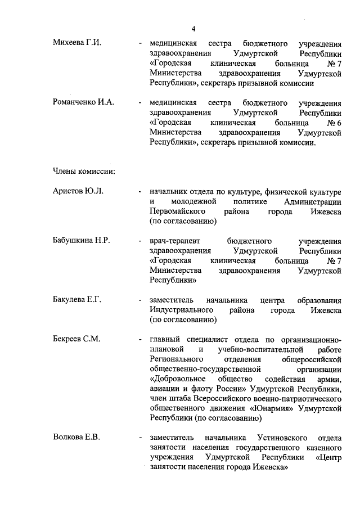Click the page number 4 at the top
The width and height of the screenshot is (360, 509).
click(193, 29)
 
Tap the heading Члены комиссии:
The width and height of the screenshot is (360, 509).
click(84, 170)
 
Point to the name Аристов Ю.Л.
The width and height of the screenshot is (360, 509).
click(78, 192)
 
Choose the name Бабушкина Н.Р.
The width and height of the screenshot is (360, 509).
click(81, 240)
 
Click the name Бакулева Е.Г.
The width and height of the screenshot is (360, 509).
click(77, 299)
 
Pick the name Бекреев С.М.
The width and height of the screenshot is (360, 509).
click(76, 339)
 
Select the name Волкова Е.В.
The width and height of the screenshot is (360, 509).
click(76, 437)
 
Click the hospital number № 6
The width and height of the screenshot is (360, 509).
click(334, 123)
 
